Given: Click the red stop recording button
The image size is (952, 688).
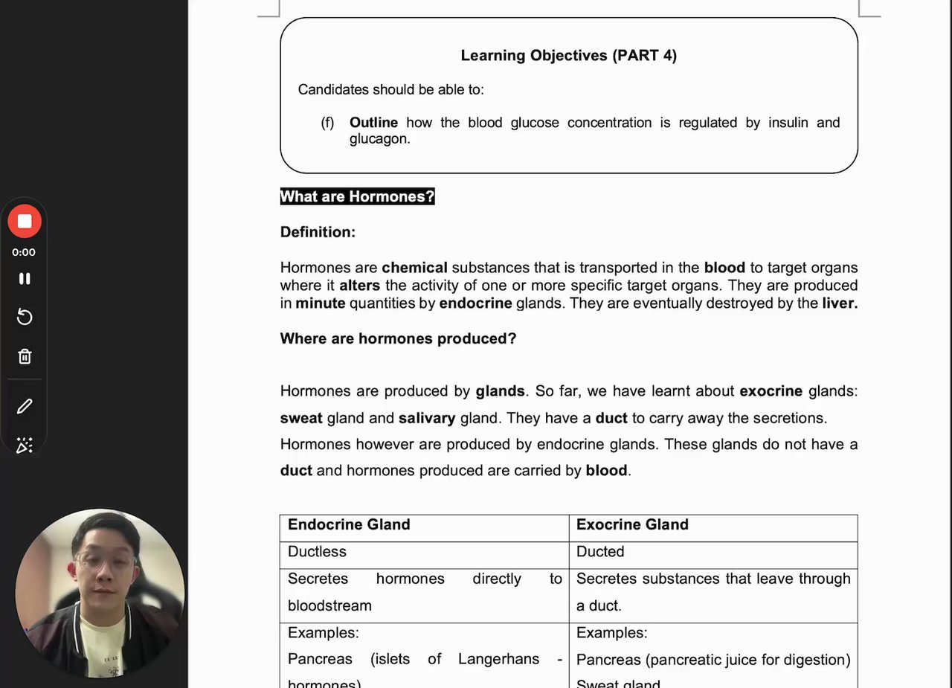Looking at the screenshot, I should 25,222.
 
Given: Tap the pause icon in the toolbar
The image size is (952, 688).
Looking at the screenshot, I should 25,278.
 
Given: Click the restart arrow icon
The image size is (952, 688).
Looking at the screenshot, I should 25,318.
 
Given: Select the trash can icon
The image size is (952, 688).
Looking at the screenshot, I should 25,356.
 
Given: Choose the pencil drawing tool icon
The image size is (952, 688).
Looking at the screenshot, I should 25,406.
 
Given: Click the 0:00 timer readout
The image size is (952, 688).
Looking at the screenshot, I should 24,252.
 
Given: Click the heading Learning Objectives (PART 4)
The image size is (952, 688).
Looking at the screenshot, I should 568,56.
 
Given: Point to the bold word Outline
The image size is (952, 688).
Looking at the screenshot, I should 373,123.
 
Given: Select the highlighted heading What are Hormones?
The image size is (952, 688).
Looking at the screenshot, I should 357,197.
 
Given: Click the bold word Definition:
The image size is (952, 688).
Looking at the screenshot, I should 318,232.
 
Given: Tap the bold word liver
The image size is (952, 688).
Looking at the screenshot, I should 839,303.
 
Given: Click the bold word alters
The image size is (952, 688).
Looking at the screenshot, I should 359,286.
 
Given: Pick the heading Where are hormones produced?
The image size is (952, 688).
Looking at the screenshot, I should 398,339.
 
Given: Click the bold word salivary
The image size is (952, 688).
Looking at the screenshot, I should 426,418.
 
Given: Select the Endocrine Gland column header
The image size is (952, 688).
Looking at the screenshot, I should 349,525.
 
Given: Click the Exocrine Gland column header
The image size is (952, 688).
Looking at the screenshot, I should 632,525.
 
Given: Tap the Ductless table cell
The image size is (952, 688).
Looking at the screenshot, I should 317,552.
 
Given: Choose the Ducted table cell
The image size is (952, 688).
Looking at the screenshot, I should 599,552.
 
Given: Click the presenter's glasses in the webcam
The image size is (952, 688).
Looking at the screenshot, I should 104,562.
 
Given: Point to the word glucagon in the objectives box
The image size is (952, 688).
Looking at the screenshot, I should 379,139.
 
